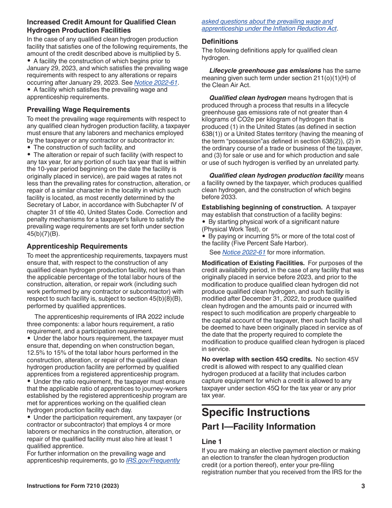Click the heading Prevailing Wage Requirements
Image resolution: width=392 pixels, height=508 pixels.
point(78,109)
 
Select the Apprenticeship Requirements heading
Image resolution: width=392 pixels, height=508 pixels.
point(77,246)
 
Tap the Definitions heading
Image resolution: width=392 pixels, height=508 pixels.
point(220,41)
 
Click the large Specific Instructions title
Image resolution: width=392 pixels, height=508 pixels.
point(255,412)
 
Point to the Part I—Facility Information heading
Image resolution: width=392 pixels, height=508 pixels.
point(258,427)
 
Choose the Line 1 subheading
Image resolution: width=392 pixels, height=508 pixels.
point(211,442)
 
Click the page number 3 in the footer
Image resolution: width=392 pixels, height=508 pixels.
point(363,486)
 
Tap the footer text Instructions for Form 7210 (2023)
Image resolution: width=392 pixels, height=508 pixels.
point(73,486)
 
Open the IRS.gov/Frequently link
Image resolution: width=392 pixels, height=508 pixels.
point(153,461)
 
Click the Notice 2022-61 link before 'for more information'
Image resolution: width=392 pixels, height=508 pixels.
point(243,252)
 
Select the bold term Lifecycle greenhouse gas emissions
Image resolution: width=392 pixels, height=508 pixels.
point(265,71)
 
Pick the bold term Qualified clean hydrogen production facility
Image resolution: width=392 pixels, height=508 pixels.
point(276,176)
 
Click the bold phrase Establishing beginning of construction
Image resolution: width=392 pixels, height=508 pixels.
point(262,207)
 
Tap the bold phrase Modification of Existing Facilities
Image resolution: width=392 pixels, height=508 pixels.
point(253,263)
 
